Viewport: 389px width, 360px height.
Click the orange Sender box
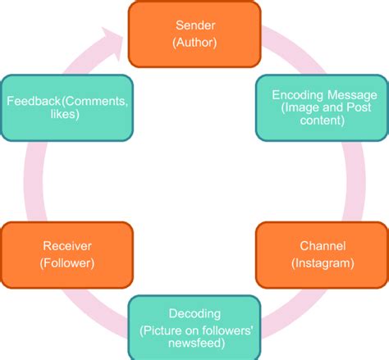(x=194, y=34)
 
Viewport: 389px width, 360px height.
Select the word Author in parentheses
(x=194, y=42)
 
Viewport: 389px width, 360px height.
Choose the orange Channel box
(x=322, y=253)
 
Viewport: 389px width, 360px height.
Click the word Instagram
(x=322, y=262)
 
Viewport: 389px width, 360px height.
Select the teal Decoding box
(x=194, y=327)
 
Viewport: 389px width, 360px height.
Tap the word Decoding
(x=194, y=314)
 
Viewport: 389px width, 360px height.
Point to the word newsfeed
(x=194, y=341)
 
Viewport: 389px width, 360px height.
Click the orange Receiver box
(x=66, y=253)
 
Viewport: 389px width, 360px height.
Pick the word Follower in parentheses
(x=66, y=262)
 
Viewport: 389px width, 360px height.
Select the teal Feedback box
(x=66, y=107)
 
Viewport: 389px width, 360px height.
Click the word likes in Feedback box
(x=66, y=115)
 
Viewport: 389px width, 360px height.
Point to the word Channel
(x=322, y=245)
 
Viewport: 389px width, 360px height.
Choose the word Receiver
(x=66, y=245)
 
